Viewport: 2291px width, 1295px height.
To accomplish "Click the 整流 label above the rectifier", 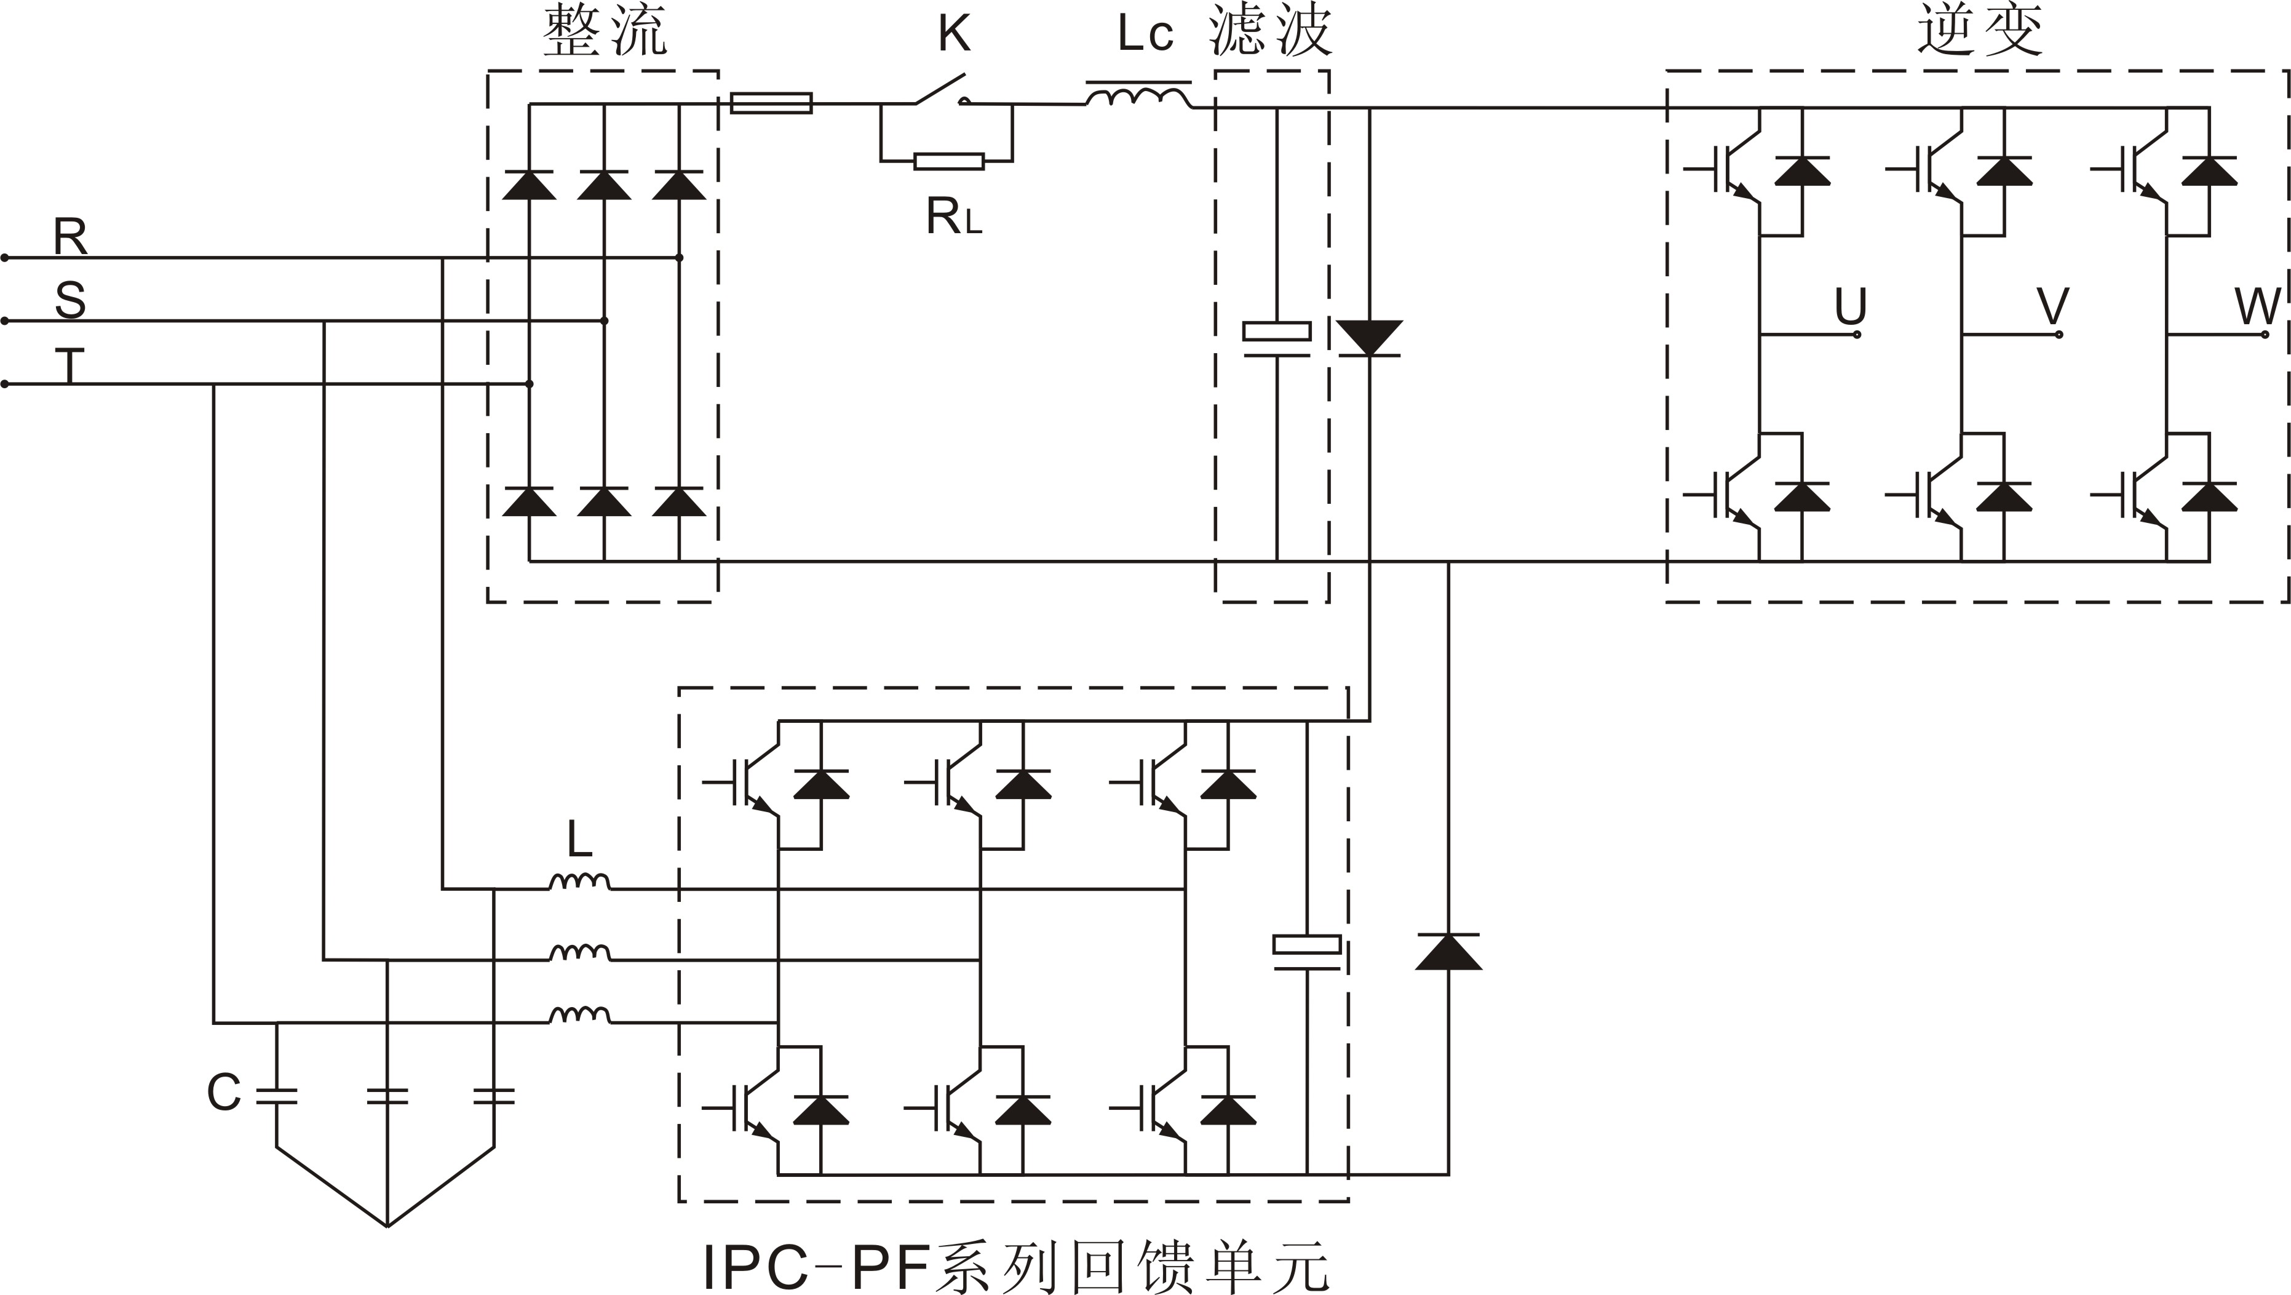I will tap(605, 32).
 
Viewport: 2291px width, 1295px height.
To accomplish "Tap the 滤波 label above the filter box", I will tap(1270, 32).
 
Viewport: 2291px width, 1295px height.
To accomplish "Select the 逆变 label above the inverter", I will tap(1980, 32).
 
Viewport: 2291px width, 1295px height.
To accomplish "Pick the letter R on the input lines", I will tap(70, 237).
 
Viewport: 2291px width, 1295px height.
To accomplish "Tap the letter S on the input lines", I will tap(70, 301).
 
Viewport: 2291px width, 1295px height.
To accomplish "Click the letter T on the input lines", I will tap(69, 365).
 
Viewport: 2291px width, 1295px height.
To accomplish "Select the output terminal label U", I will tap(1850, 307).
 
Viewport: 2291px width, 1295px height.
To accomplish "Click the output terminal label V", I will tap(2052, 307).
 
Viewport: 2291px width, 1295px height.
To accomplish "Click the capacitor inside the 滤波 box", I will tap(1276, 339).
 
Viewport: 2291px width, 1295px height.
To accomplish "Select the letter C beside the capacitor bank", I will tap(223, 1092).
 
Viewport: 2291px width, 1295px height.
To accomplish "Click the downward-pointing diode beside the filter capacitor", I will tap(1368, 338).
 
